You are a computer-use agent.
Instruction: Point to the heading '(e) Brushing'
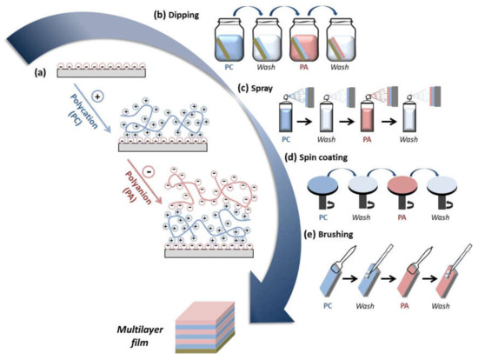(x=324, y=231)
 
